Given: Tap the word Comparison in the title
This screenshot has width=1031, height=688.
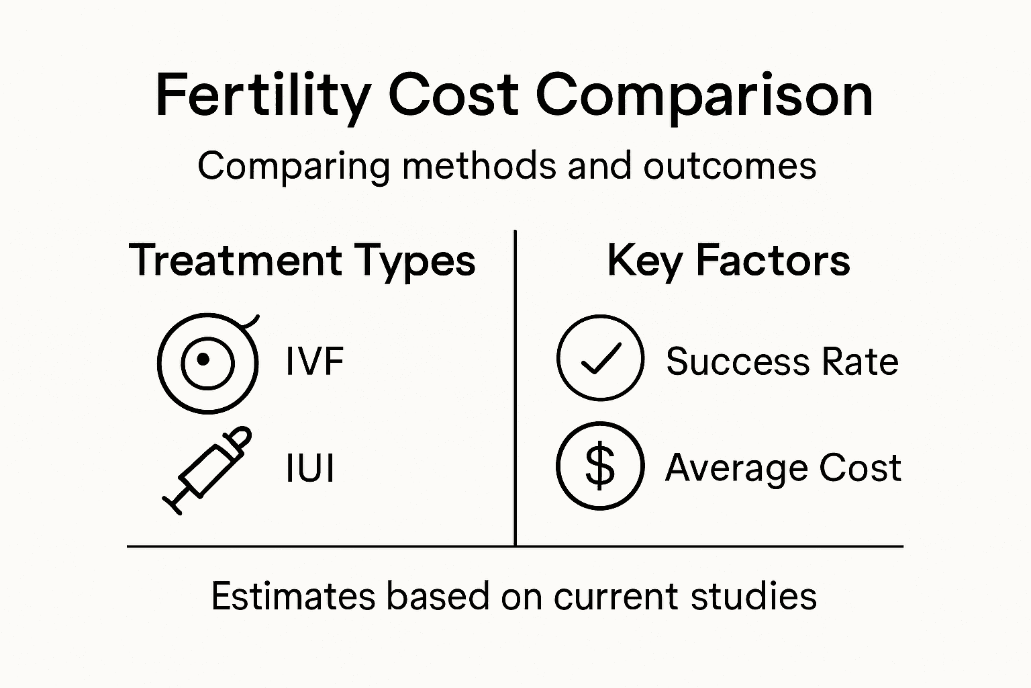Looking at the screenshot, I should point(704,95).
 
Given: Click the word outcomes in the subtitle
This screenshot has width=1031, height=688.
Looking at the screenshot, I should point(730,165).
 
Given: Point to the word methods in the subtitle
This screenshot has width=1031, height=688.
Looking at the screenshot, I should point(479,165).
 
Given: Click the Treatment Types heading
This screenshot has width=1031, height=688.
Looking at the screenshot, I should point(302,261).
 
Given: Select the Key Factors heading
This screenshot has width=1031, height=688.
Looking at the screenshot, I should point(728,261).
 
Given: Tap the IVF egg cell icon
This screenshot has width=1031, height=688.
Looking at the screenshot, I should point(208,363).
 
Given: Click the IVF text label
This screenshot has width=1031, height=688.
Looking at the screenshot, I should point(314,361).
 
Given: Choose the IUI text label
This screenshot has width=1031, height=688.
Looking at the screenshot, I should point(309,468).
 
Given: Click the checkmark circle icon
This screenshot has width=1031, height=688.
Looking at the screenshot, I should point(600,358).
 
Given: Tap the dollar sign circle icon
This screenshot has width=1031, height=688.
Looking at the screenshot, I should point(600,466).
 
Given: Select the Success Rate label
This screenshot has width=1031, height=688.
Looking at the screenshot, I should point(782,361).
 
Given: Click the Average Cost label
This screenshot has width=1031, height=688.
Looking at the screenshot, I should point(783,468).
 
